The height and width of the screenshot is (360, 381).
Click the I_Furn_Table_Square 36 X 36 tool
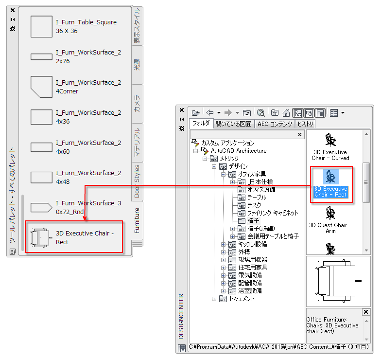pyautogui.click(x=73, y=27)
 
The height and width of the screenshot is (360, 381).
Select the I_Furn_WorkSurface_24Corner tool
pyautogui.click(x=73, y=87)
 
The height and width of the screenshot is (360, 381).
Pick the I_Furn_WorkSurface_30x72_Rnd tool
pyautogui.click(x=73, y=208)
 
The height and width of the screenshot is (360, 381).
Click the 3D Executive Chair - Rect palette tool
pyautogui.click(x=73, y=238)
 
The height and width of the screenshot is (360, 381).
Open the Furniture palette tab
pyautogui.click(x=137, y=220)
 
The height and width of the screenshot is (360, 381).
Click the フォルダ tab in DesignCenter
pyautogui.click(x=201, y=124)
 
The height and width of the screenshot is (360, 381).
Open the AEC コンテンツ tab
pyautogui.click(x=275, y=124)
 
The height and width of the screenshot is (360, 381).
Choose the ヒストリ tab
pyautogui.click(x=305, y=124)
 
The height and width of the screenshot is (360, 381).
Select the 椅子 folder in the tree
pyautogui.click(x=253, y=221)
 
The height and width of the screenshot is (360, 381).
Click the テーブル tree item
pyautogui.click(x=257, y=198)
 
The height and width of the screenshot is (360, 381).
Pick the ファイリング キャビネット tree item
pyautogui.click(x=273, y=213)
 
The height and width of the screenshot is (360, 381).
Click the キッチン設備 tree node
pyautogui.click(x=252, y=244)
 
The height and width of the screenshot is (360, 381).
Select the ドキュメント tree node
pyautogui.click(x=242, y=299)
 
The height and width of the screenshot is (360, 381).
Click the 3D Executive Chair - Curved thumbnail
pyautogui.click(x=330, y=146)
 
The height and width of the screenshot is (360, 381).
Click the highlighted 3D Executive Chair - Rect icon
pyautogui.click(x=330, y=176)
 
